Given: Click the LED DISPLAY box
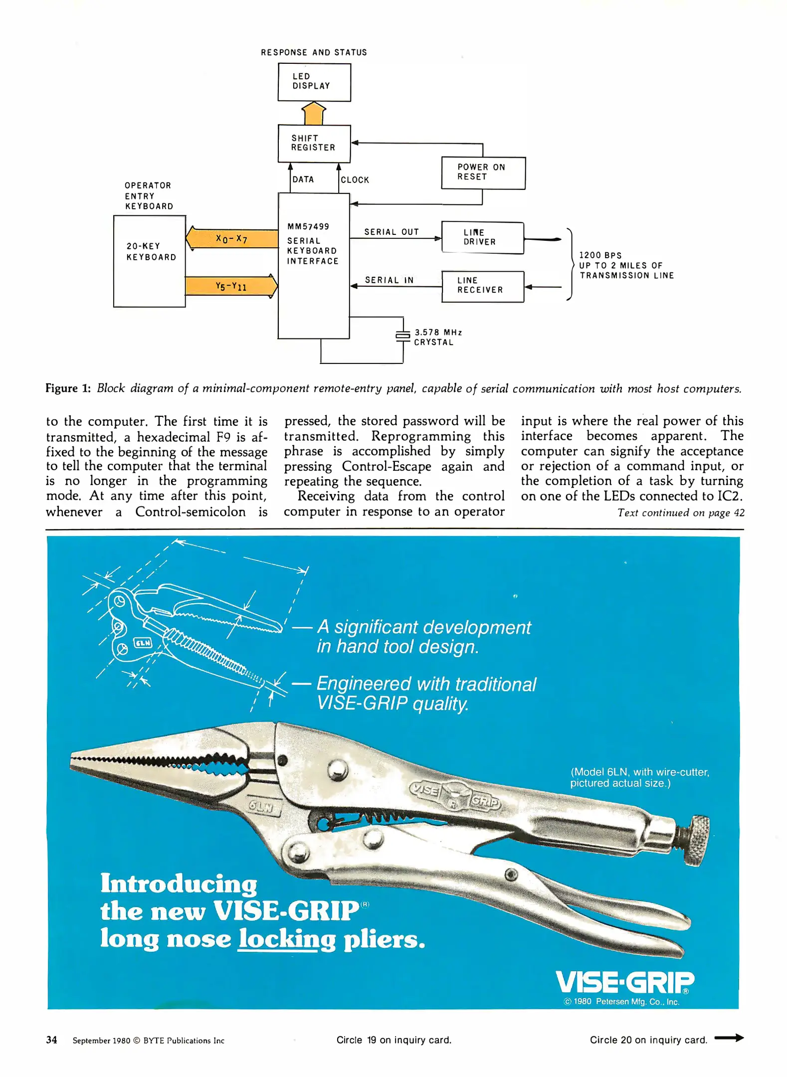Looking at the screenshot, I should tap(314, 82).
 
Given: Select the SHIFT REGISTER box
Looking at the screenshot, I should tap(314, 144).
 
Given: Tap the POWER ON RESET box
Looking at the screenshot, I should tap(483, 173).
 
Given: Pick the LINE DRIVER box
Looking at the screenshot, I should tap(482, 238).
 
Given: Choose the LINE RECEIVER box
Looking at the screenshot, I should tap(482, 286).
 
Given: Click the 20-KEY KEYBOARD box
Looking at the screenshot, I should tap(149, 261).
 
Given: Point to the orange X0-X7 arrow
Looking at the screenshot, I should tap(232, 238).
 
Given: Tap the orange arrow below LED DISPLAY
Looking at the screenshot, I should tap(314, 113).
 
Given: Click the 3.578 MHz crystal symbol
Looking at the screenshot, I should tap(402, 336).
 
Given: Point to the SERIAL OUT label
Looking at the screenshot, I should tap(392, 232).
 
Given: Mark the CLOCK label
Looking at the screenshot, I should tap(355, 180).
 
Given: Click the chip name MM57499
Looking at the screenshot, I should tap(308, 226).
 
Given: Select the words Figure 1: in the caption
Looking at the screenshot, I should tap(68, 388).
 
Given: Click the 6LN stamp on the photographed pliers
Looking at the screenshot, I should tap(261, 806).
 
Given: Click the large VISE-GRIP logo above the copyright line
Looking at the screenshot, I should tap(624, 982).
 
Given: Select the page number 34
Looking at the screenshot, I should tap(51, 1040).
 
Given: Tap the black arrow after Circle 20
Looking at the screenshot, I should tap(729, 1038).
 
